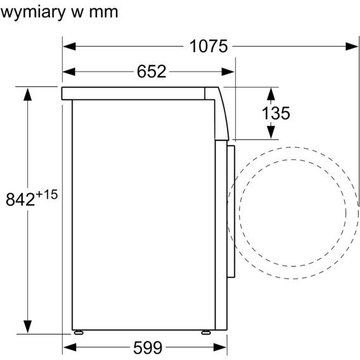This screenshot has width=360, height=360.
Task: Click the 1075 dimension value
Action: click(x=209, y=46)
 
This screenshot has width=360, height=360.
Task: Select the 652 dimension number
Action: click(x=151, y=72)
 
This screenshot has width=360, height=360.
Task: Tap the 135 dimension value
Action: click(x=276, y=113)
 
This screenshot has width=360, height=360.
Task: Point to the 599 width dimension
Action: click(x=148, y=347)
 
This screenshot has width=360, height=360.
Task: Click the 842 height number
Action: click(x=20, y=199)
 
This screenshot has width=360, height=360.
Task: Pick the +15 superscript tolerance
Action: click(x=47, y=195)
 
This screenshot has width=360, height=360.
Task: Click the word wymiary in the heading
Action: click(x=34, y=13)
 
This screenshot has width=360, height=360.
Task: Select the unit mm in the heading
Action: click(x=103, y=13)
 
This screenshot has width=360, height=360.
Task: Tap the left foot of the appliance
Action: click(x=79, y=332)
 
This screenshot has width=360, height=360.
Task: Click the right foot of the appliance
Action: click(x=206, y=332)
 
